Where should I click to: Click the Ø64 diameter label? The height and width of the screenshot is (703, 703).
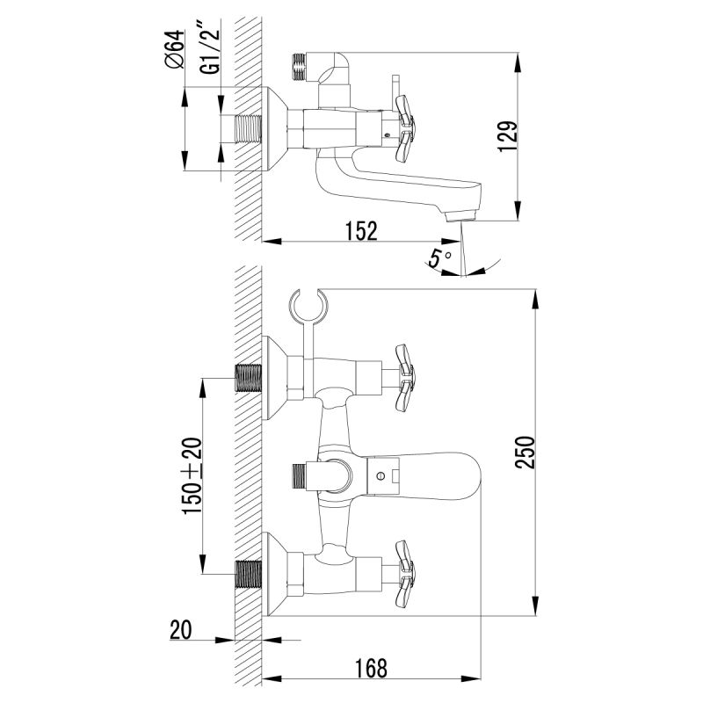pos(173,48)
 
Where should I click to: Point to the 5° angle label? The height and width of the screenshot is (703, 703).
pos(439,258)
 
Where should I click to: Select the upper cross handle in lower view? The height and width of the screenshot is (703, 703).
pos(402,378)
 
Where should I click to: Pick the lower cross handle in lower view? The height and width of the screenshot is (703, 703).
pos(402,572)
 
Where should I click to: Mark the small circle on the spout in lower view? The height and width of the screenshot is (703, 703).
pos(380,477)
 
